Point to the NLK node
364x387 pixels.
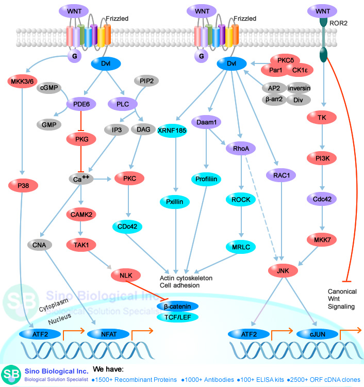click(125, 276)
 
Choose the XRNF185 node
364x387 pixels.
click(173, 131)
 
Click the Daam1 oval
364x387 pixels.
click(206, 122)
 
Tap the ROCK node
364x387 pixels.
click(241, 199)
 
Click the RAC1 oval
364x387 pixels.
click(282, 175)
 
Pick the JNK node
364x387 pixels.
click(282, 269)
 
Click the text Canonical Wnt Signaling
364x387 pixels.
click(342, 299)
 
